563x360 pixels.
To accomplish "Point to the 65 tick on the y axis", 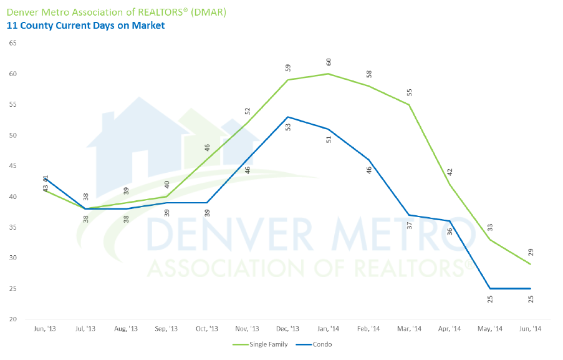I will (12, 43).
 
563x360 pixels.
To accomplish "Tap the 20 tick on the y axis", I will (12, 319).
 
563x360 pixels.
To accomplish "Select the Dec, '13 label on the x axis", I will (287, 329).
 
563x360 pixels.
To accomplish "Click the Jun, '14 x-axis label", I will (530, 329).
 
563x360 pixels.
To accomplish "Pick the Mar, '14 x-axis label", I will (409, 329).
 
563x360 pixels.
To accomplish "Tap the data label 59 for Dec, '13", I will (288, 68).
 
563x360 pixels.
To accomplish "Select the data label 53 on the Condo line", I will (288, 127).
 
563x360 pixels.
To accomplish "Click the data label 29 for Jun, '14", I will (531, 252).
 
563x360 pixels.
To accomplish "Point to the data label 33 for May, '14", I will (490, 228).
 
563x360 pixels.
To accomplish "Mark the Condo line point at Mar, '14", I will (409, 215).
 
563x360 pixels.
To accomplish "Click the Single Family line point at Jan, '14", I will (328, 74).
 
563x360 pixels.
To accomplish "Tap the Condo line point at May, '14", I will (490, 289).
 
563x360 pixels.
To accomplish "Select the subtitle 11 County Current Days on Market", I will (85, 26).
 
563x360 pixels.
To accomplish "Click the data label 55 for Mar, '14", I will (409, 92).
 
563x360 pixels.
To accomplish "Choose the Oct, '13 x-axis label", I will (206, 329).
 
